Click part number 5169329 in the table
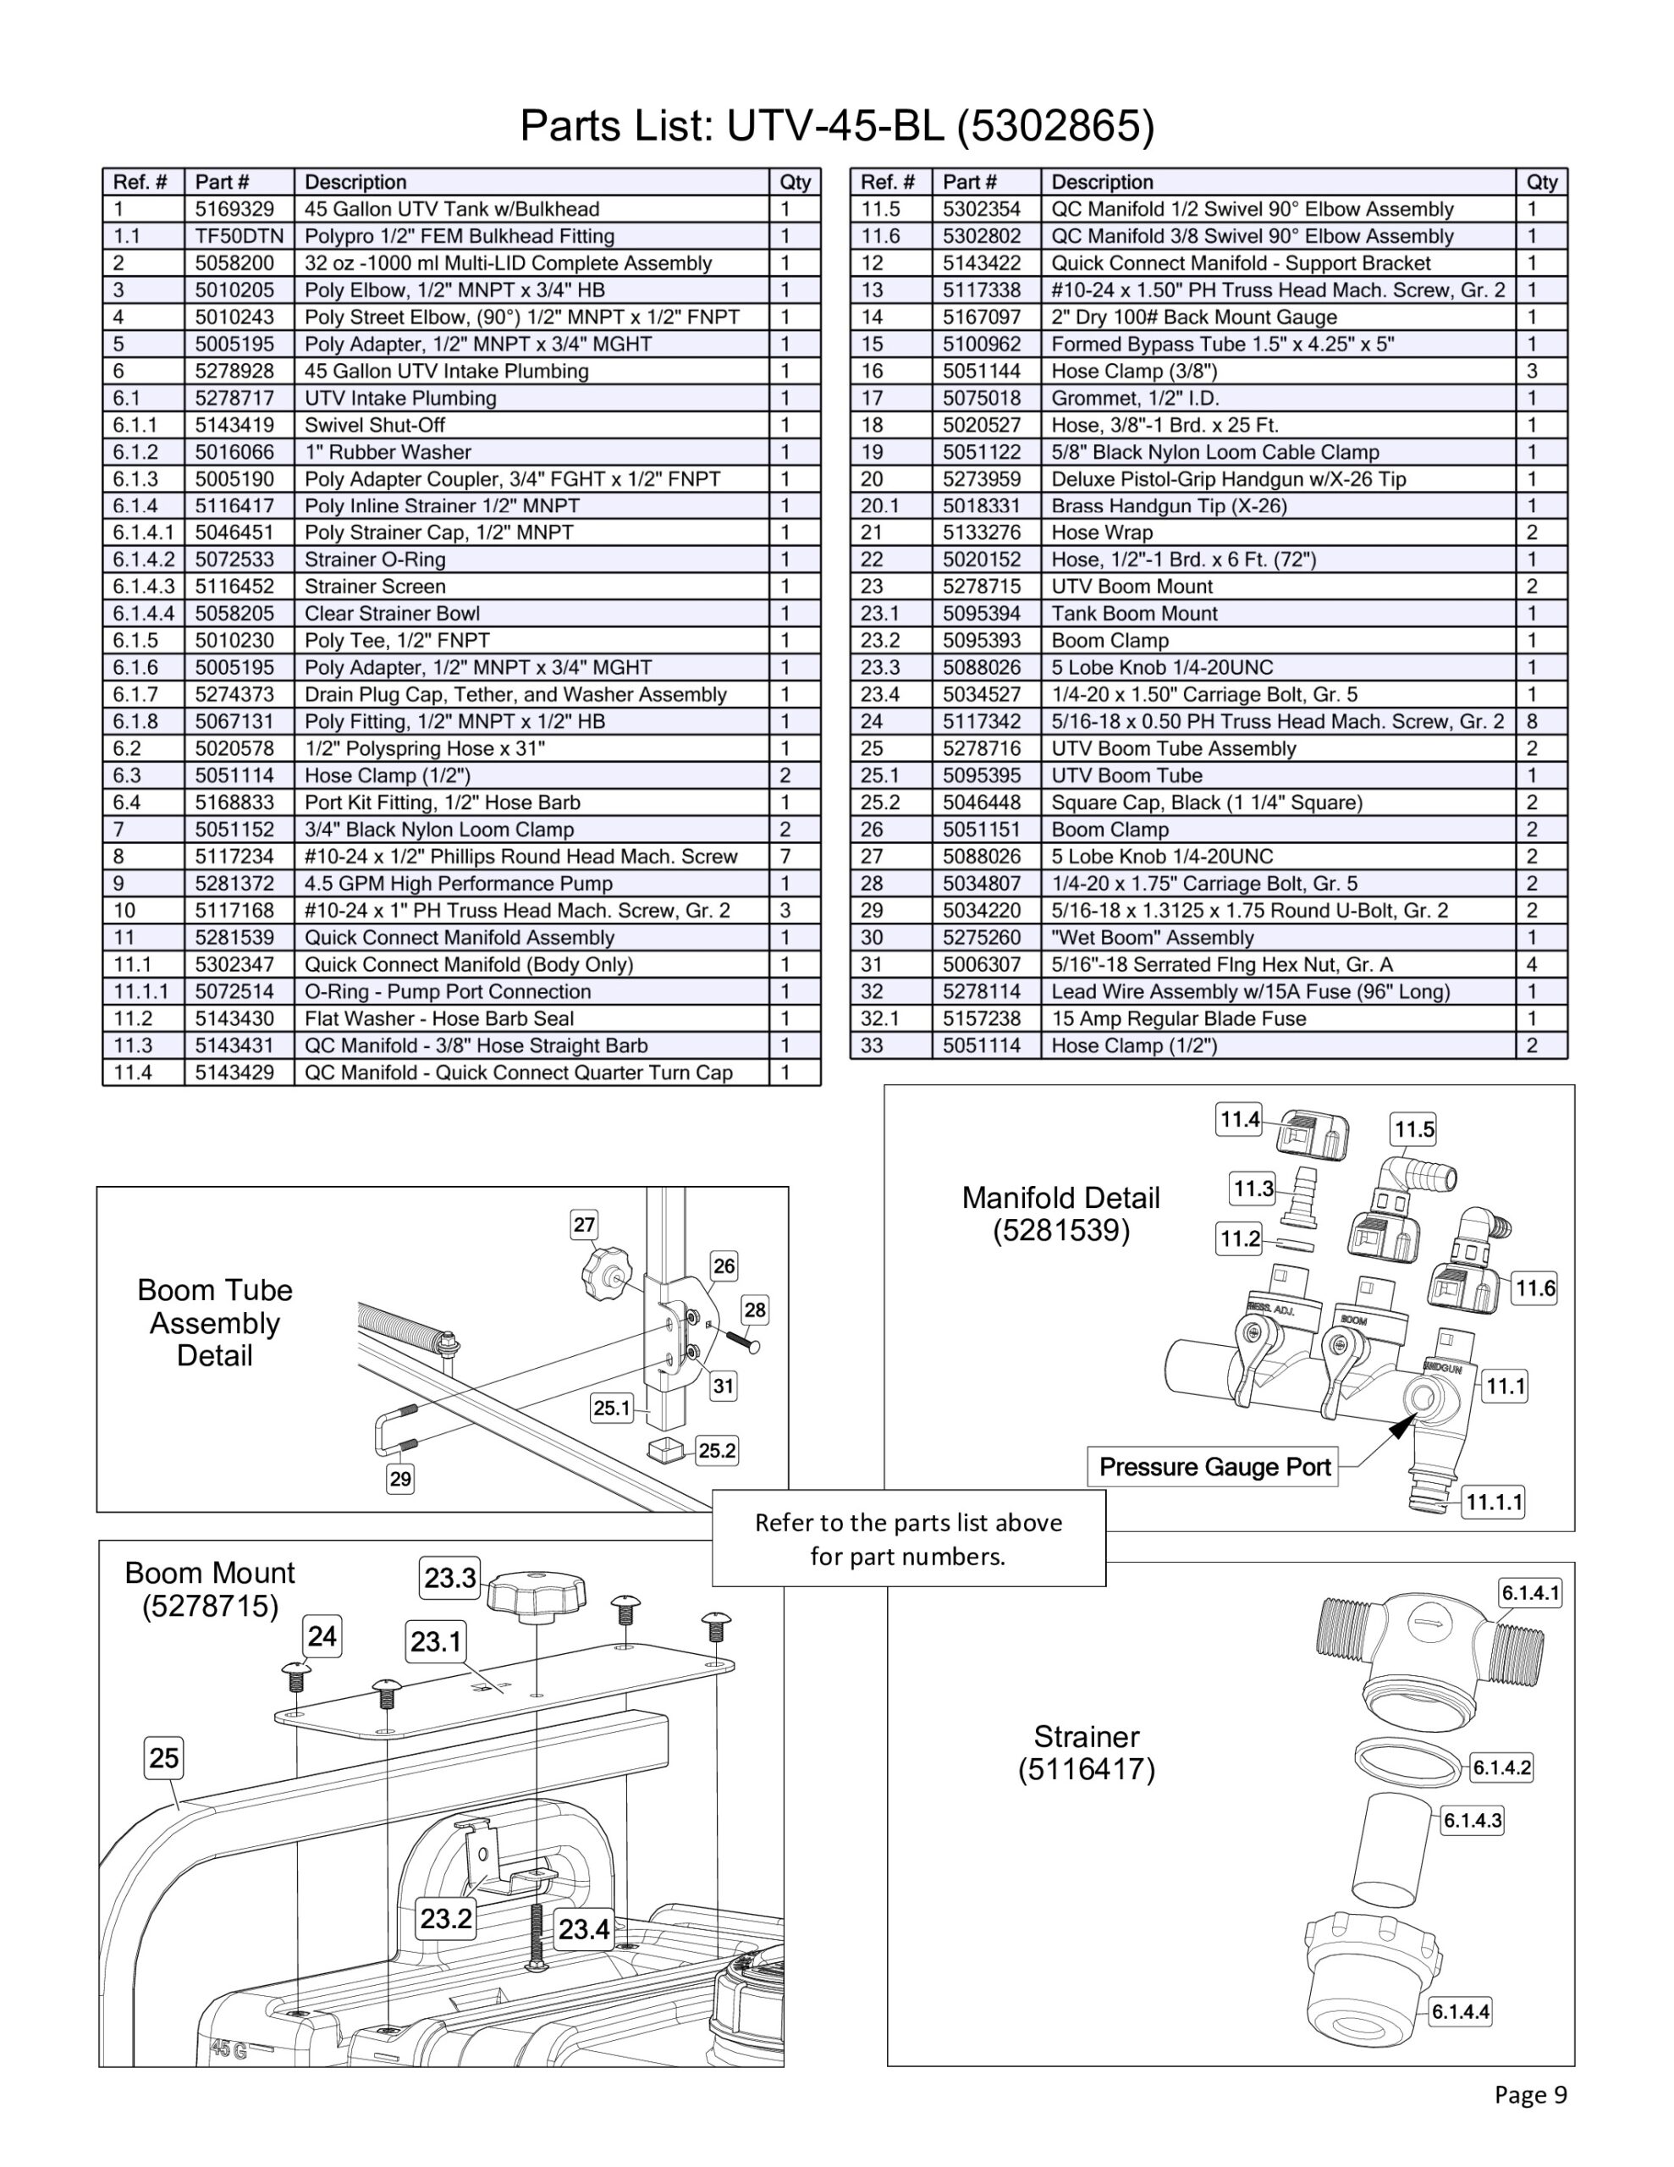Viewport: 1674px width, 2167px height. click(x=234, y=209)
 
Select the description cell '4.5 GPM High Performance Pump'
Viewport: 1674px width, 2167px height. click(x=459, y=884)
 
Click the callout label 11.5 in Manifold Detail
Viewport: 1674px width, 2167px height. click(x=1414, y=1129)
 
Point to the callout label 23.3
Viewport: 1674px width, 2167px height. click(x=450, y=1578)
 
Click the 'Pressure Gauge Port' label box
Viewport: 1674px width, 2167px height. click(x=1214, y=1466)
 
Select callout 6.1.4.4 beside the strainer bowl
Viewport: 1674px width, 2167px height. click(x=1461, y=2012)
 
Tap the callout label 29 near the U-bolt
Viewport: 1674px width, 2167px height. click(x=400, y=1480)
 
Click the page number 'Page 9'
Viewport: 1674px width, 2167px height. click(x=1530, y=2094)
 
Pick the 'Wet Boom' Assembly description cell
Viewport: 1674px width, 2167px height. click(x=1152, y=938)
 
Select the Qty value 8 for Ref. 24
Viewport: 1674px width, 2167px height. click(x=1532, y=721)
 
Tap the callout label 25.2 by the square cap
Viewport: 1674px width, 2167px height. click(x=718, y=1451)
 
